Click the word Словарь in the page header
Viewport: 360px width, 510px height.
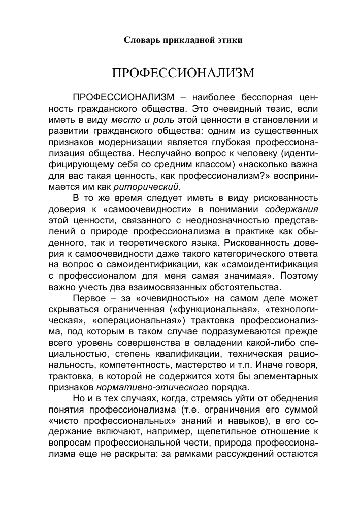tap(144, 40)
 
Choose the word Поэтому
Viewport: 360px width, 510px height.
tap(300, 276)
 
